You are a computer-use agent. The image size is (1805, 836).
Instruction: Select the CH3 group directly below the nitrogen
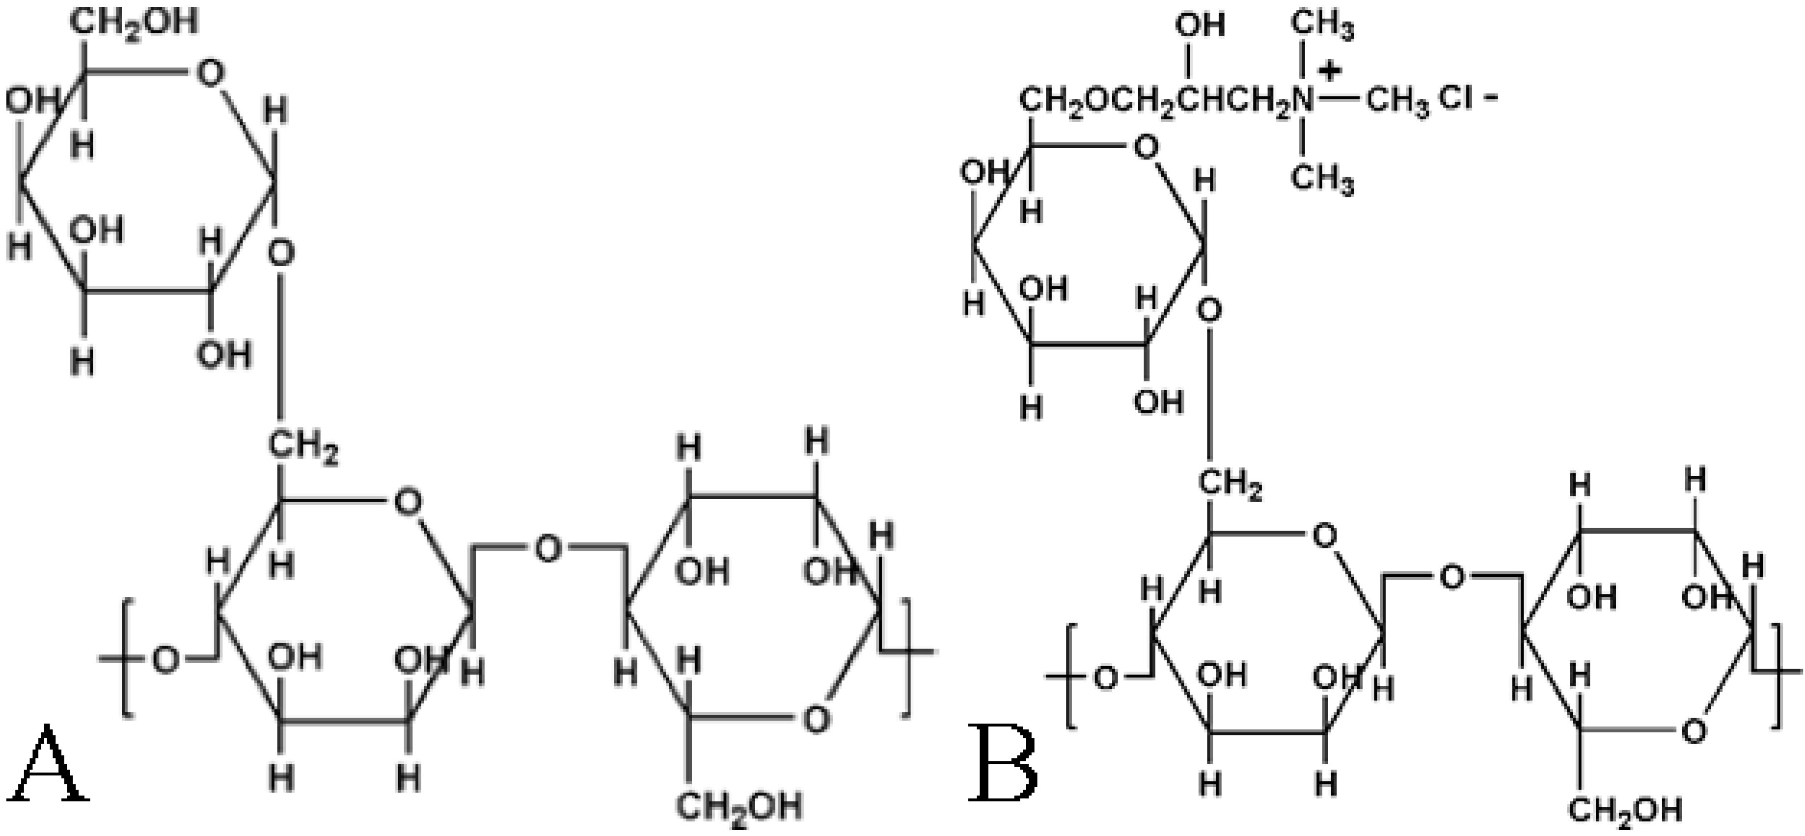(1322, 179)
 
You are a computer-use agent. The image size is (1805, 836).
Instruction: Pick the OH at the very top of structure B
(1200, 26)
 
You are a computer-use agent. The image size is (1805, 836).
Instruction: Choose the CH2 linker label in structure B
(1230, 485)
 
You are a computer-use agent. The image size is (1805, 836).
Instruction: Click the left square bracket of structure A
(126, 657)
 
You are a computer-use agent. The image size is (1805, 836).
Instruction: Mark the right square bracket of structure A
(905, 657)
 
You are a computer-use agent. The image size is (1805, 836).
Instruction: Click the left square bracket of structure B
(1070, 677)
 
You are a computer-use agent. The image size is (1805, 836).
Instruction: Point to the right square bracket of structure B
(1778, 677)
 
